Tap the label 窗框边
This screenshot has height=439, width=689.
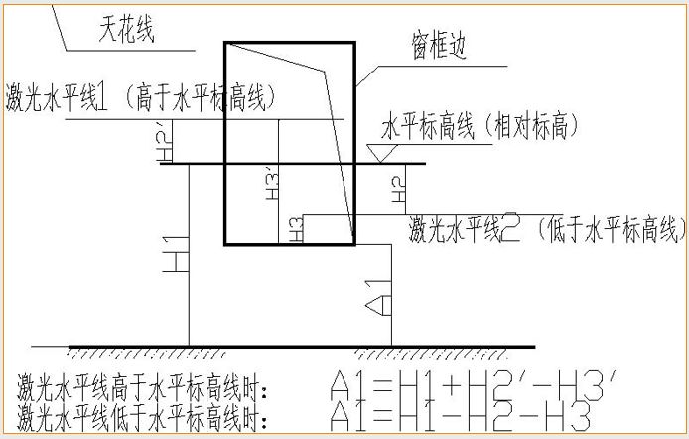coord(438,47)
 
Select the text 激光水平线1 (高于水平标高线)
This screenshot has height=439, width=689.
coord(139,96)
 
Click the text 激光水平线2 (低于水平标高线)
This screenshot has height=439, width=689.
coord(547,230)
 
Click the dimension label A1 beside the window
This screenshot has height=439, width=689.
coord(376,293)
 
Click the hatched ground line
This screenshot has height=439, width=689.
coord(298,351)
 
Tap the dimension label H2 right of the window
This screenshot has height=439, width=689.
coord(397,189)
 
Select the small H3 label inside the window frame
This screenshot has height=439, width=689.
coord(295,229)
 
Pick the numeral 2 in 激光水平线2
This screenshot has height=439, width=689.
coord(511,230)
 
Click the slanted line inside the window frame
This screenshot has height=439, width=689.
coord(342,149)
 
